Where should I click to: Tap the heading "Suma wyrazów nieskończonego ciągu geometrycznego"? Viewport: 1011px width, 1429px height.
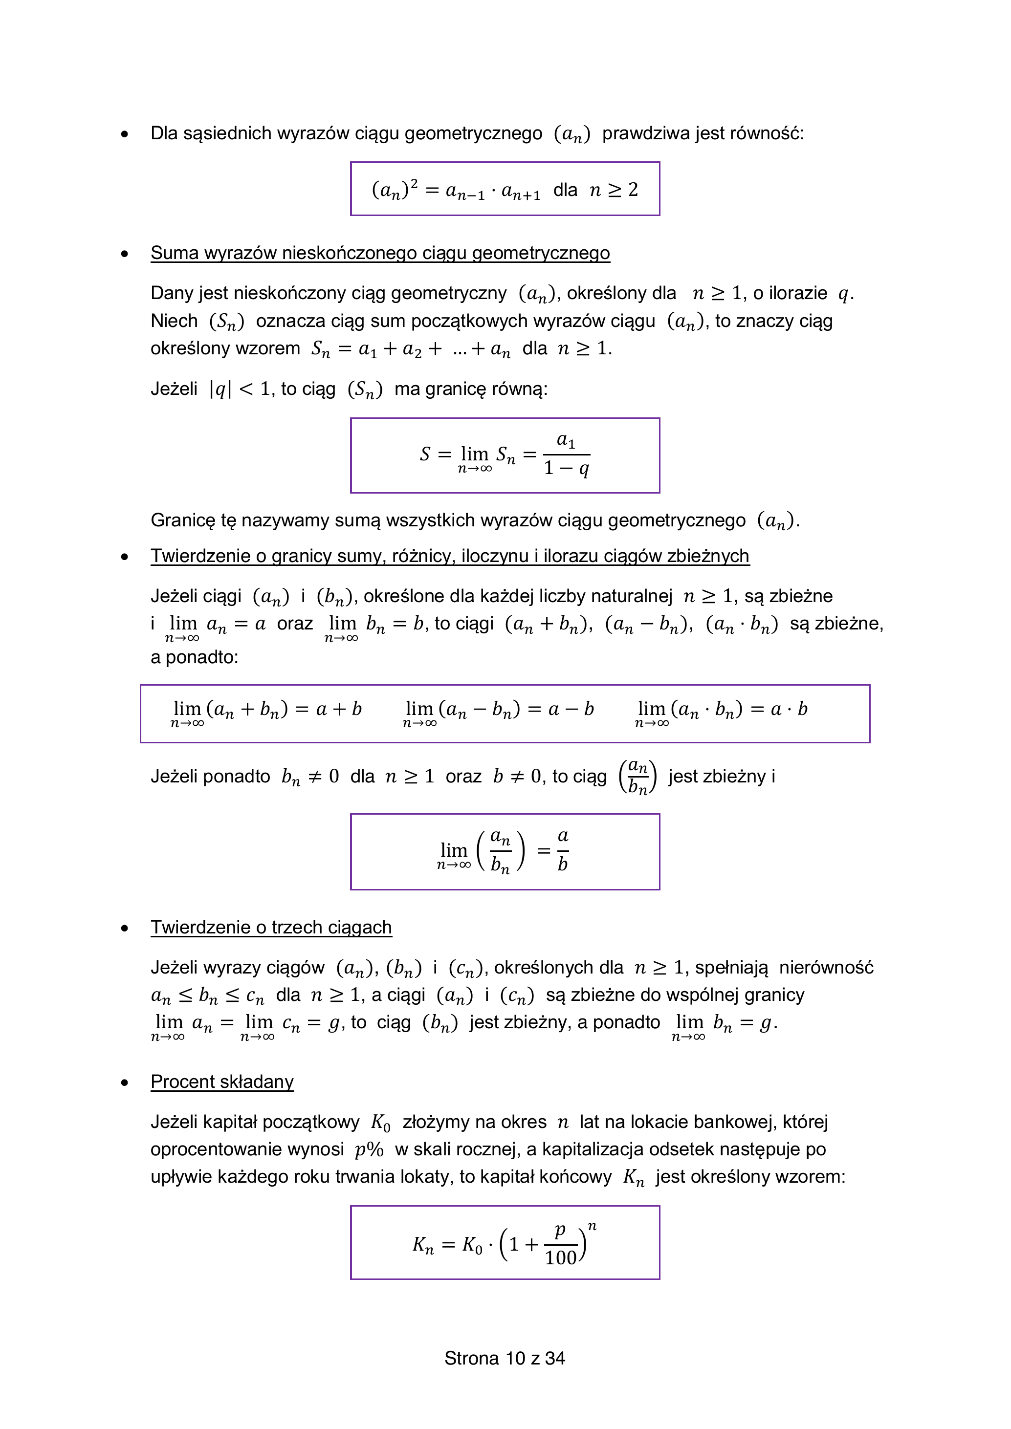click(x=380, y=253)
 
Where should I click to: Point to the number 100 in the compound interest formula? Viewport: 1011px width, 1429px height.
click(x=560, y=1257)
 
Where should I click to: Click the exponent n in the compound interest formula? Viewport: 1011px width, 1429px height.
click(x=592, y=1226)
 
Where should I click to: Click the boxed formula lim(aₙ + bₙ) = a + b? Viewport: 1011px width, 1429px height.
click(x=266, y=711)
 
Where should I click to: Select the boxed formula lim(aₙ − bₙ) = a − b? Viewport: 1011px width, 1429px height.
click(x=499, y=711)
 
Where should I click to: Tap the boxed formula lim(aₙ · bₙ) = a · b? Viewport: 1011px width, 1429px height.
click(x=722, y=711)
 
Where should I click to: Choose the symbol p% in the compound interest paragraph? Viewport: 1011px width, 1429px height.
click(x=369, y=1149)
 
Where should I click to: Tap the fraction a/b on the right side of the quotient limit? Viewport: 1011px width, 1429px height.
click(x=563, y=850)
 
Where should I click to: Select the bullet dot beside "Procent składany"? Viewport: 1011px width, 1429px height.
click(x=125, y=1083)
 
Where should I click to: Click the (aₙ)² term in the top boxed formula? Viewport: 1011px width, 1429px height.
click(x=395, y=189)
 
